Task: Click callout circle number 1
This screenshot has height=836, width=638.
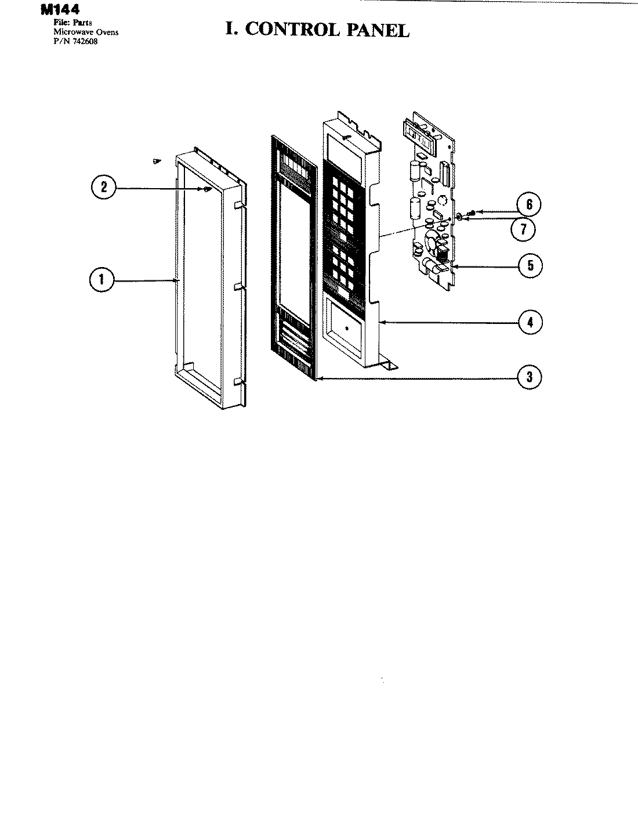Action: (103, 280)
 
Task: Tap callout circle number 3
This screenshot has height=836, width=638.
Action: (529, 377)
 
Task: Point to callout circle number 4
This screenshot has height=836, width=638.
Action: (530, 322)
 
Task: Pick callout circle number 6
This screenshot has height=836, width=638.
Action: (529, 204)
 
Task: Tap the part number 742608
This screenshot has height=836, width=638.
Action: (85, 41)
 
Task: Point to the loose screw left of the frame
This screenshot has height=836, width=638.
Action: (155, 161)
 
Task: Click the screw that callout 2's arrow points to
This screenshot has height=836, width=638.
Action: (206, 189)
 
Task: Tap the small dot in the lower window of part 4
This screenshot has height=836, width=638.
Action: (346, 328)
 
